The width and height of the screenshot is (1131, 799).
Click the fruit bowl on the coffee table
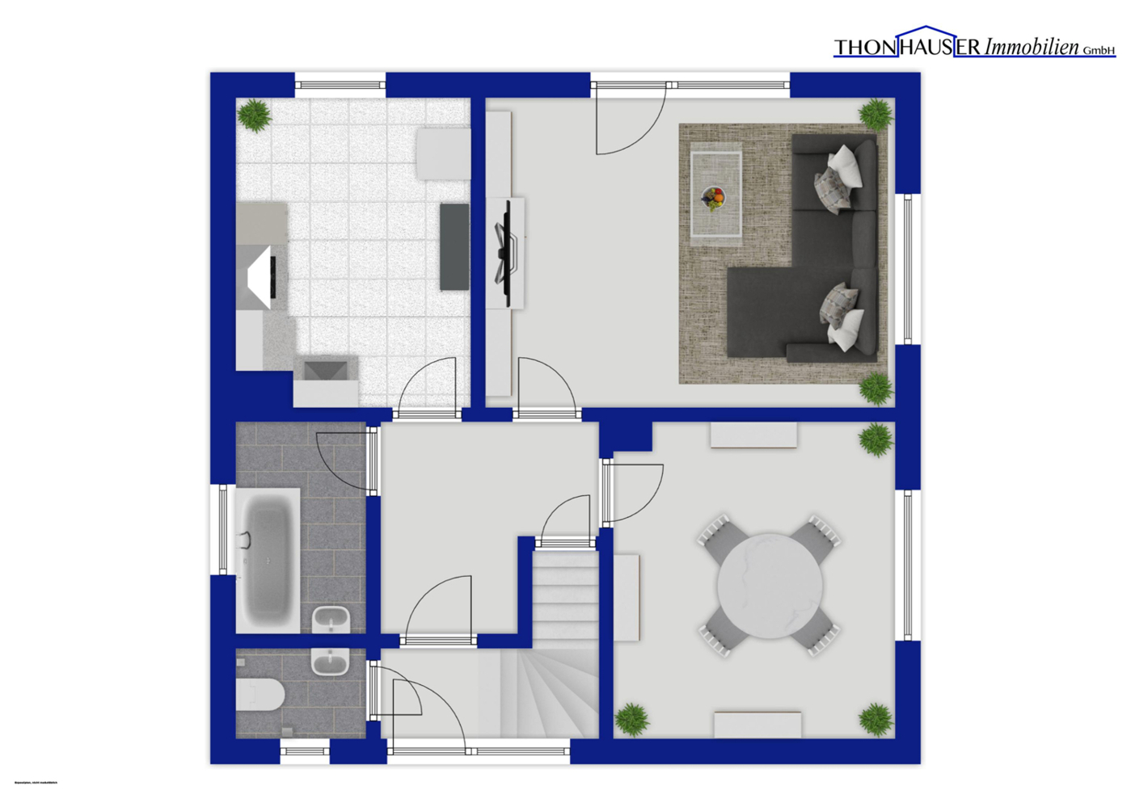click(x=713, y=196)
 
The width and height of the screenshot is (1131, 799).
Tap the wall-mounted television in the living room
click(x=507, y=253)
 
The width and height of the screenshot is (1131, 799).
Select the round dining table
click(x=770, y=585)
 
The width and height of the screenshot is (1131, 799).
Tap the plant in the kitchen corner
click(x=255, y=115)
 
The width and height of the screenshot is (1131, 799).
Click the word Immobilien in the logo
click(x=1031, y=47)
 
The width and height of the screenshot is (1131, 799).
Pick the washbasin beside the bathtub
click(x=331, y=620)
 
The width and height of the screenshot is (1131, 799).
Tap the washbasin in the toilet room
click(x=330, y=662)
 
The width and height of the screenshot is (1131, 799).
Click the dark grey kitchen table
click(x=454, y=246)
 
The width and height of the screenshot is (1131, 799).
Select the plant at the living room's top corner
click(x=876, y=114)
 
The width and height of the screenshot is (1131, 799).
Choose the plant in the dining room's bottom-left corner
click(x=631, y=718)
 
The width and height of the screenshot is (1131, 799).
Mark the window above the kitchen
click(x=340, y=83)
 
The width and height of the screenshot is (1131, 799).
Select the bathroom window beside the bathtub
click(x=223, y=529)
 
